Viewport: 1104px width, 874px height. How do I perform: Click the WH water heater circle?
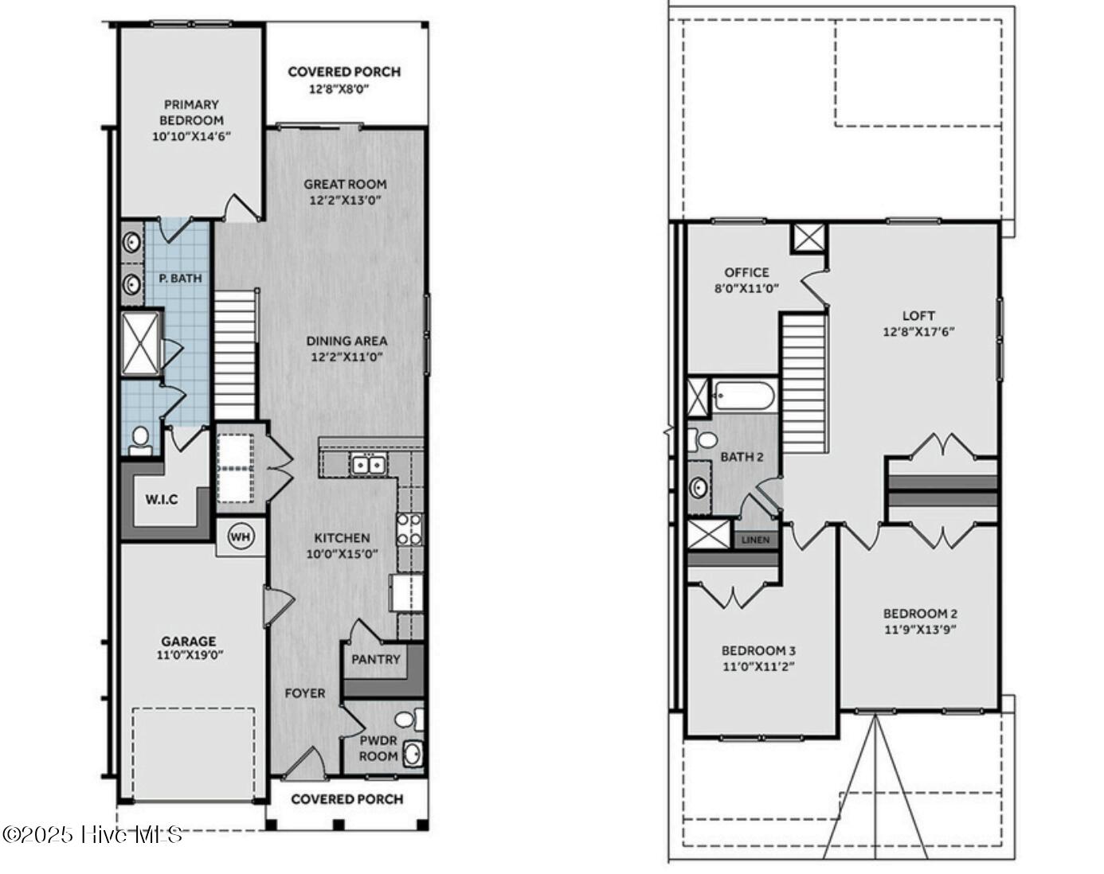(x=240, y=536)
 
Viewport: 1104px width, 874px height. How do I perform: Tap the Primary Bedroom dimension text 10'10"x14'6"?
(x=191, y=137)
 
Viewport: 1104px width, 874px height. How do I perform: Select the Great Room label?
(x=345, y=184)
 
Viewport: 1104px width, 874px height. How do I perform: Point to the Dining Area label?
(x=346, y=341)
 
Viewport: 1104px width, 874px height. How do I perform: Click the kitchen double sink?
(x=369, y=465)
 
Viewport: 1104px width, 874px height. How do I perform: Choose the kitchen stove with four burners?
(x=410, y=529)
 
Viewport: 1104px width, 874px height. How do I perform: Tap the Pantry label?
(x=375, y=659)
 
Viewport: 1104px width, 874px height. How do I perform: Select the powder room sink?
(x=413, y=754)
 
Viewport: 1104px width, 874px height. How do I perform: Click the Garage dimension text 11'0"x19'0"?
(x=190, y=655)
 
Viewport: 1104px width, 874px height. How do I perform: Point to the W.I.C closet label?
(x=162, y=499)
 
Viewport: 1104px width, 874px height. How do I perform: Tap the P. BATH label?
(x=180, y=279)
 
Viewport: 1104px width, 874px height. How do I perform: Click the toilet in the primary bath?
(x=139, y=442)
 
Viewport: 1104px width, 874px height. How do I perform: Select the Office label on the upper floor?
(x=746, y=272)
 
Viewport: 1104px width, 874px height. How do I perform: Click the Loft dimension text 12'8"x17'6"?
(x=918, y=332)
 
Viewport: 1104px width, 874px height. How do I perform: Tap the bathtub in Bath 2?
(x=744, y=396)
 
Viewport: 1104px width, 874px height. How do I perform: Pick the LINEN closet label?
(x=756, y=540)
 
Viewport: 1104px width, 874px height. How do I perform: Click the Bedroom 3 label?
(x=759, y=651)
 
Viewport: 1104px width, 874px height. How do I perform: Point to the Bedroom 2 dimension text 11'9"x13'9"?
(x=920, y=630)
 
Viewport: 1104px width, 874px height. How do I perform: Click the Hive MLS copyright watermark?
(x=92, y=834)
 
